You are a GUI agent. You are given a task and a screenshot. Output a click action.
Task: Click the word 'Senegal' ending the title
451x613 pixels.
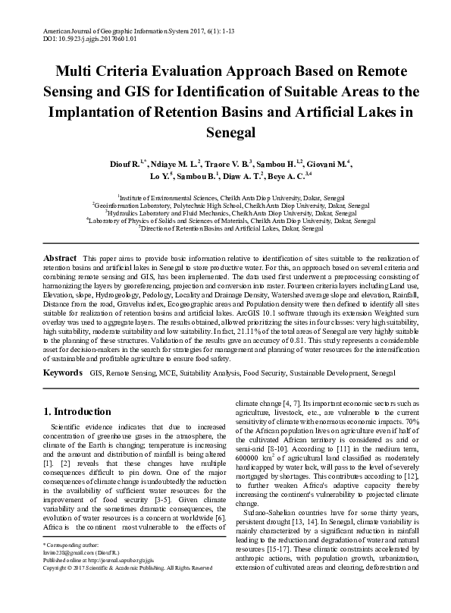pyautogui.click(x=225, y=132)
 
